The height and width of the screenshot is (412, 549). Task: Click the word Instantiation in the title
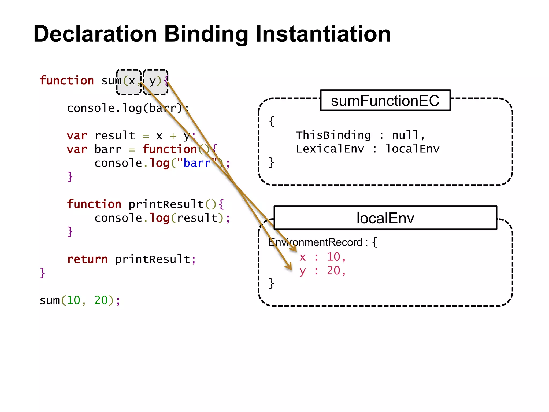[323, 34]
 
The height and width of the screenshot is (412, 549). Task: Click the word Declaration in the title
[95, 34]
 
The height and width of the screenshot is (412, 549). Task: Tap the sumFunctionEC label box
[385, 101]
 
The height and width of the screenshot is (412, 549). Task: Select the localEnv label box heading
[385, 218]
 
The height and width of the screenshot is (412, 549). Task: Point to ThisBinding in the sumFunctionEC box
[333, 135]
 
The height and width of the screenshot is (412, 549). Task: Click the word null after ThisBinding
[405, 135]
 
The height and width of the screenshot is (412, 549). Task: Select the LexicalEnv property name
[330, 149]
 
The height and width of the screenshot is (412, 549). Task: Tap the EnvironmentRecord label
[315, 242]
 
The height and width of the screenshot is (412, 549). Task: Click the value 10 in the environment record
[333, 257]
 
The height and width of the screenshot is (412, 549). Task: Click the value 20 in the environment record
[333, 270]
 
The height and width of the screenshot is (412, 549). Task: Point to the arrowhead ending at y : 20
[290, 267]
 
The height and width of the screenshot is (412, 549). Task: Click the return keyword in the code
[87, 259]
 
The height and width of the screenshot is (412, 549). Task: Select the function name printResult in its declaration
[166, 204]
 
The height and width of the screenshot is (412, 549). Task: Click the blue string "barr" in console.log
[197, 163]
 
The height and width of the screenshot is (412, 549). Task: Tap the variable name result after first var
[115, 135]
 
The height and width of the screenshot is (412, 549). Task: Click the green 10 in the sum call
[73, 300]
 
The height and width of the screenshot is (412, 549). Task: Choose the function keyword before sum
[66, 80]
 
